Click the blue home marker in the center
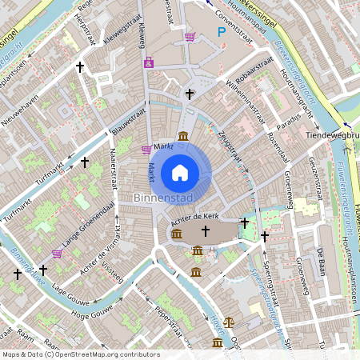pos(180,172)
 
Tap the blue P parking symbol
pos(222,32)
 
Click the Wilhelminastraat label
pos(245,100)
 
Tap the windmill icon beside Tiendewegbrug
pos(348,146)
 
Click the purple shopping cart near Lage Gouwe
pos(58,254)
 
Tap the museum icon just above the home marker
pos(183,135)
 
